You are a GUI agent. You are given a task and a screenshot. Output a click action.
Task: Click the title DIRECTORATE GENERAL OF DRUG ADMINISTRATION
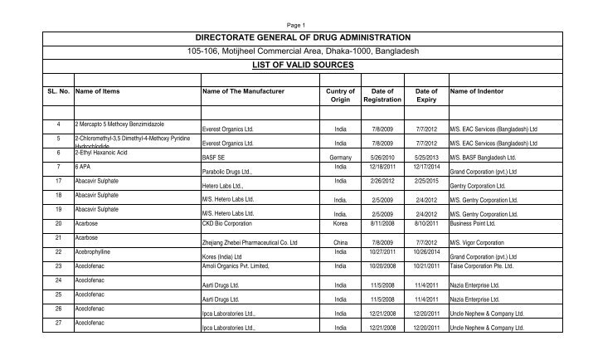296,38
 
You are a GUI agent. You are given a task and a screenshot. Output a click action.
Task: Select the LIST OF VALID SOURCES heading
296,64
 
